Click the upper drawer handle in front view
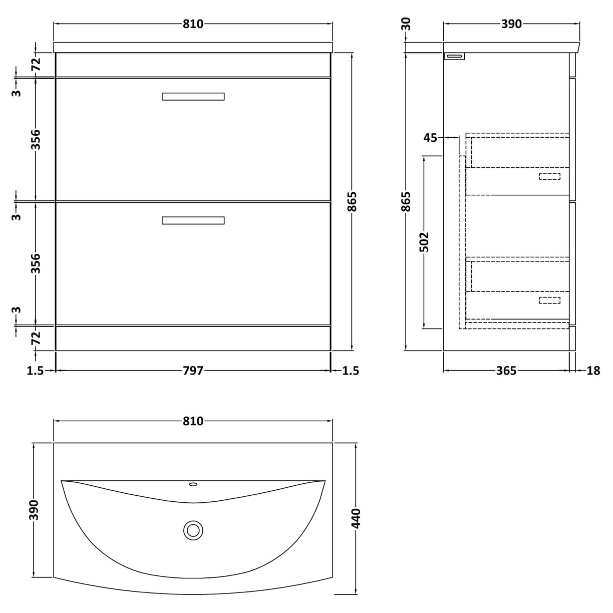[x=193, y=97]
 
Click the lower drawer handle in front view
[x=193, y=220]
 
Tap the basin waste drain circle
[x=193, y=530]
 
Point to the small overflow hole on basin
[x=193, y=484]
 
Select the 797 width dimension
[x=193, y=371]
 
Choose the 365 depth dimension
[x=506, y=371]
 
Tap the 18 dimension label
[x=593, y=371]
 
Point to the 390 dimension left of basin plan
[x=34, y=510]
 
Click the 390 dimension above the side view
[x=511, y=24]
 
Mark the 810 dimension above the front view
[x=193, y=24]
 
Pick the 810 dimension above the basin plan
[x=193, y=421]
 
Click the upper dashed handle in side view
[x=549, y=176]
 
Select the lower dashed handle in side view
[x=549, y=300]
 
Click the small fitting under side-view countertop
[x=454, y=56]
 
